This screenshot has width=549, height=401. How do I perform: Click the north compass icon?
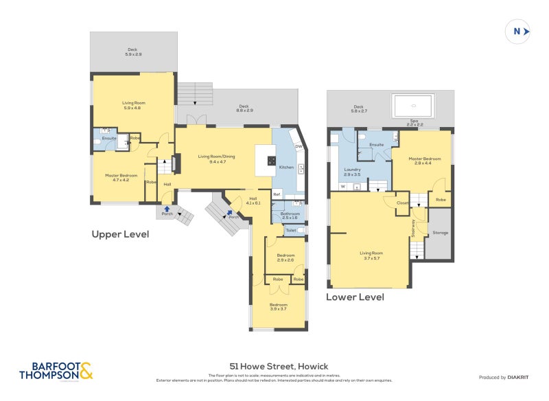pos(518,31)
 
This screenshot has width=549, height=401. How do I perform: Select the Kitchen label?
pos(286,168)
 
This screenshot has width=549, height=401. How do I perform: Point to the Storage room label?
pos(440,233)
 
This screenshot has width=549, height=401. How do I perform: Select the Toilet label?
pos(290,231)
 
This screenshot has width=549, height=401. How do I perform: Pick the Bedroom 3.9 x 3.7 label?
pos(278,306)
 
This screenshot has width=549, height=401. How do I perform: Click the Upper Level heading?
pos(120,234)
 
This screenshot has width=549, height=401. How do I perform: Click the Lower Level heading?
pos(355,297)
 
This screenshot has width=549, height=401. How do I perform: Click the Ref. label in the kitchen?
pos(277,194)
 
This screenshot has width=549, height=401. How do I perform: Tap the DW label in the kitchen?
pos(298,146)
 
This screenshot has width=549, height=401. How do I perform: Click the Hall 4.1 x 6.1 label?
pos(253,200)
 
